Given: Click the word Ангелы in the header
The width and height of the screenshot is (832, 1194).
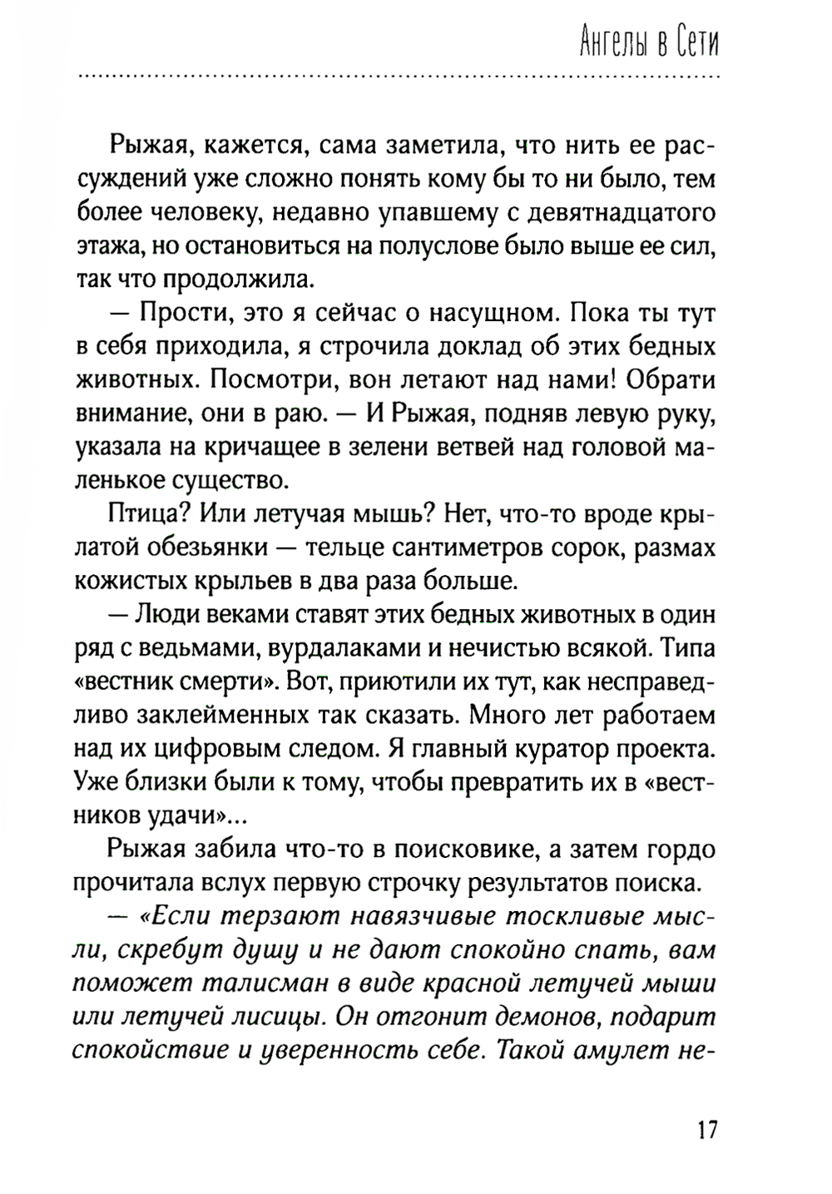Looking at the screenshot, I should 610,42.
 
